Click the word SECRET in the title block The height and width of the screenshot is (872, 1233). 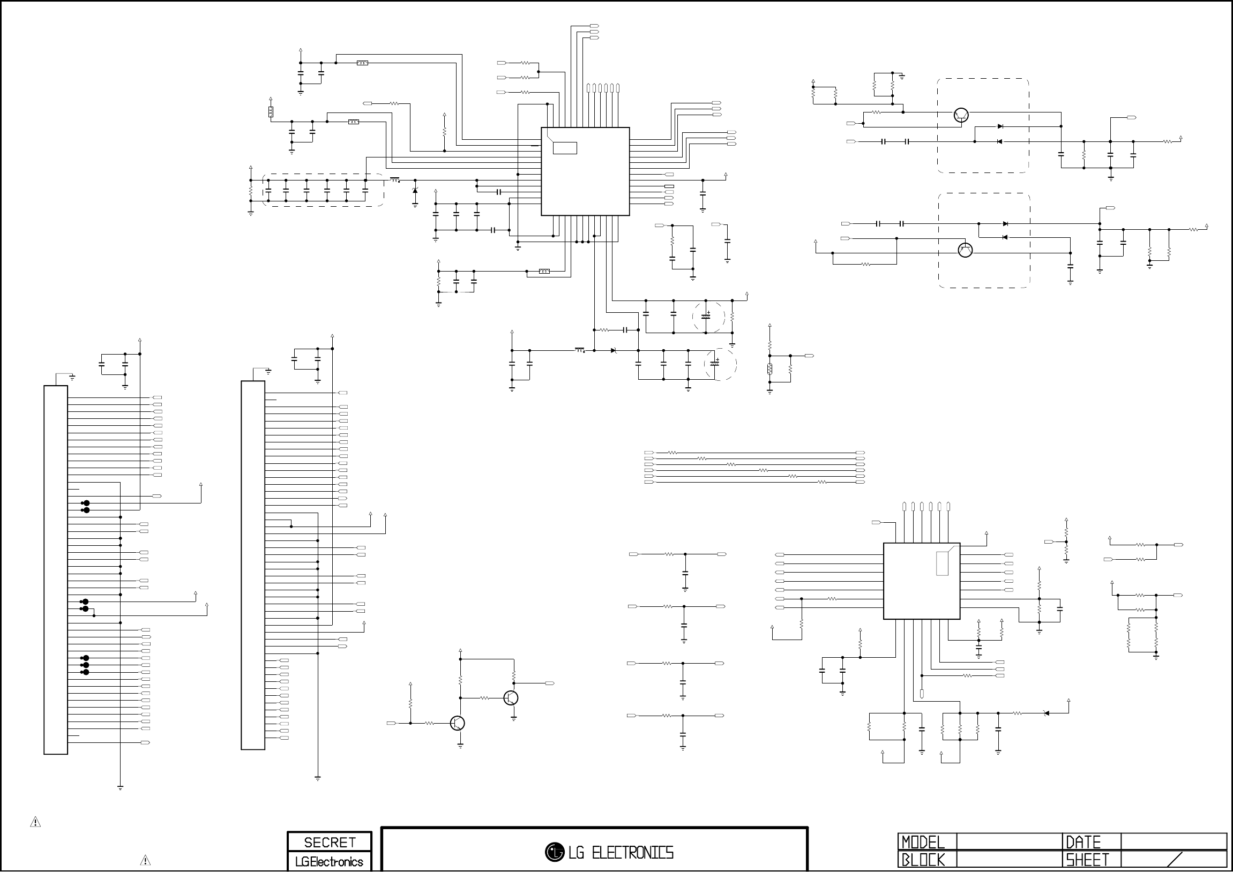click(329, 842)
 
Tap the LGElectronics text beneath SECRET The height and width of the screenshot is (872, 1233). click(329, 861)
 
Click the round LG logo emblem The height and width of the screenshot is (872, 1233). click(554, 852)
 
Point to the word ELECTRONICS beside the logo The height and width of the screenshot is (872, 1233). click(633, 852)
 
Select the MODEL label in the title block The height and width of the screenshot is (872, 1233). click(923, 841)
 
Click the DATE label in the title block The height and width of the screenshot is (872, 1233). click(1083, 841)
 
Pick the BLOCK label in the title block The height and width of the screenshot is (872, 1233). click(923, 860)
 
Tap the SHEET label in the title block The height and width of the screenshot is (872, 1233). click(1087, 860)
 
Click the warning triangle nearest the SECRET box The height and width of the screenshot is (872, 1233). click(145, 860)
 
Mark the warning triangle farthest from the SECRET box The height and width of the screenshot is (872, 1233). click(35, 822)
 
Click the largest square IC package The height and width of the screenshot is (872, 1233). click(585, 171)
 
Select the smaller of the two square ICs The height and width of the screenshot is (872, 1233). click(922, 581)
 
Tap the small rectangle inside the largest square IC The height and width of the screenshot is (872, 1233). click(565, 148)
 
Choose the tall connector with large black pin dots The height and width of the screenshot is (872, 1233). click(56, 570)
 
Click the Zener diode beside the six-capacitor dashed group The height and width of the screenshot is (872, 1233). click(415, 191)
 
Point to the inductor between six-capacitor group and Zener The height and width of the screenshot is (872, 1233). click(395, 180)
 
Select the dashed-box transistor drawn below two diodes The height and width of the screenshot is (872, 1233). click(965, 250)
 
